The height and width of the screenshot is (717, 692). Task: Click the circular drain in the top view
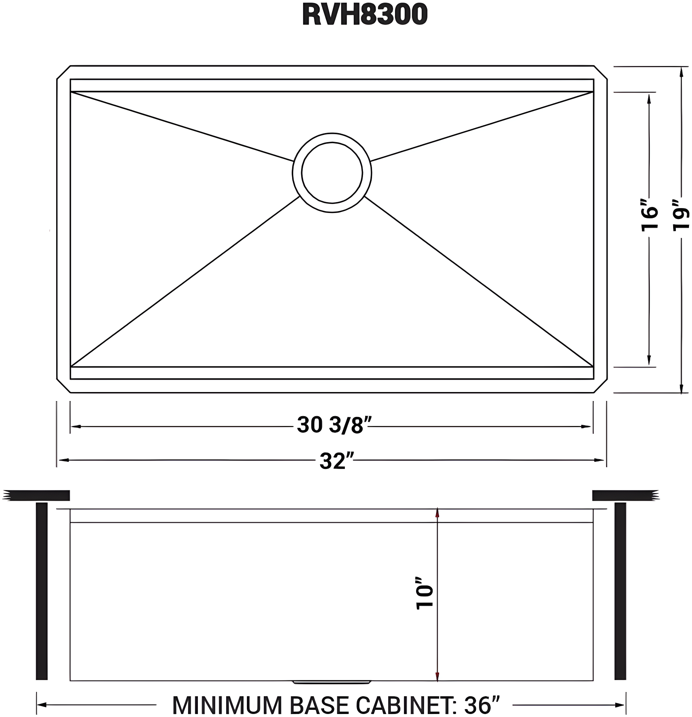[332, 173]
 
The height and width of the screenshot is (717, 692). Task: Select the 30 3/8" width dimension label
[331, 426]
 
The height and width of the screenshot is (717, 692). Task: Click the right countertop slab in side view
[625, 495]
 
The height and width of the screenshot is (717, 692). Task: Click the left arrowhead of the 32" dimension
[61, 460]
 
